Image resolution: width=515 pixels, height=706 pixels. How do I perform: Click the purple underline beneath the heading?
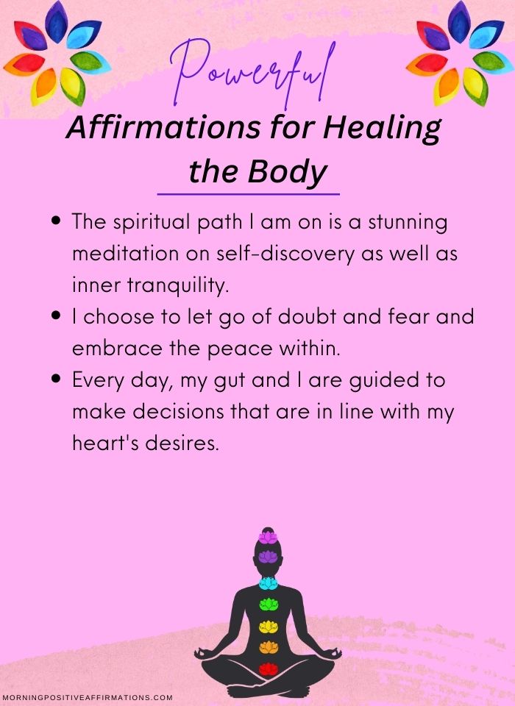click(248, 194)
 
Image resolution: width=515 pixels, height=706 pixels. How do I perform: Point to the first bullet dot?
click(57, 221)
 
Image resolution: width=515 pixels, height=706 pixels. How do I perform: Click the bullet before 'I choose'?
click(57, 315)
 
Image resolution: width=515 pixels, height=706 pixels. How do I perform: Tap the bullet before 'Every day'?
click(57, 379)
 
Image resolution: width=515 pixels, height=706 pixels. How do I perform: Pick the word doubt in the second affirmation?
click(307, 316)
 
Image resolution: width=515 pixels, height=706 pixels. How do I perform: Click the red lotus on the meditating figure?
click(268, 668)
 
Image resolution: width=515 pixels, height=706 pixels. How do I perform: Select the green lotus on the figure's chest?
click(269, 605)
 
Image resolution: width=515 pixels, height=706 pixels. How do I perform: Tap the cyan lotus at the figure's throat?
click(269, 583)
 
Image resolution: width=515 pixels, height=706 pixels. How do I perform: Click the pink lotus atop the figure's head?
click(268, 537)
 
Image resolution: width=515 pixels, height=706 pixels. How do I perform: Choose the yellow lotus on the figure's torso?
click(269, 626)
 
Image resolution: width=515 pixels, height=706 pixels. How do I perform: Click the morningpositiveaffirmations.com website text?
click(88, 697)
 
